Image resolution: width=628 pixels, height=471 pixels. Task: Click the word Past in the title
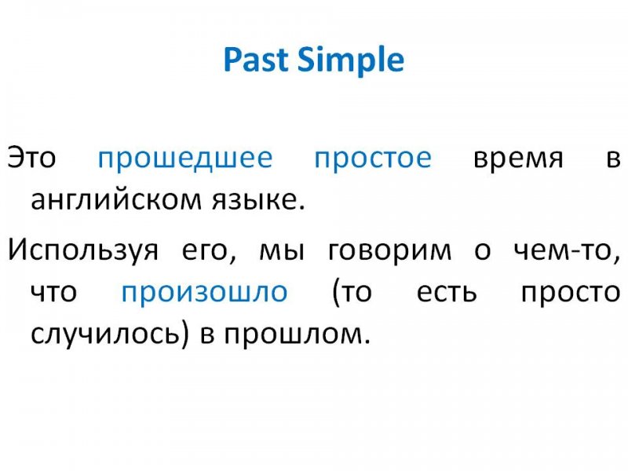(256, 60)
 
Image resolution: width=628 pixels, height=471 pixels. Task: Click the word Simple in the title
(351, 60)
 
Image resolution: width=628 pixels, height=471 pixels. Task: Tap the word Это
(31, 157)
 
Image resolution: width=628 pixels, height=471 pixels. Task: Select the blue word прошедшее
(185, 159)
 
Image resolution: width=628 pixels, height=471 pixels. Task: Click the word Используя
(83, 250)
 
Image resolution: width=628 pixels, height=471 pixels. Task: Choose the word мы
(282, 250)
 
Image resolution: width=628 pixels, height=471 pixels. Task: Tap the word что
(53, 292)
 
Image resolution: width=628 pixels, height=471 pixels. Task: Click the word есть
(447, 292)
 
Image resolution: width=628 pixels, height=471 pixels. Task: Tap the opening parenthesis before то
(336, 293)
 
